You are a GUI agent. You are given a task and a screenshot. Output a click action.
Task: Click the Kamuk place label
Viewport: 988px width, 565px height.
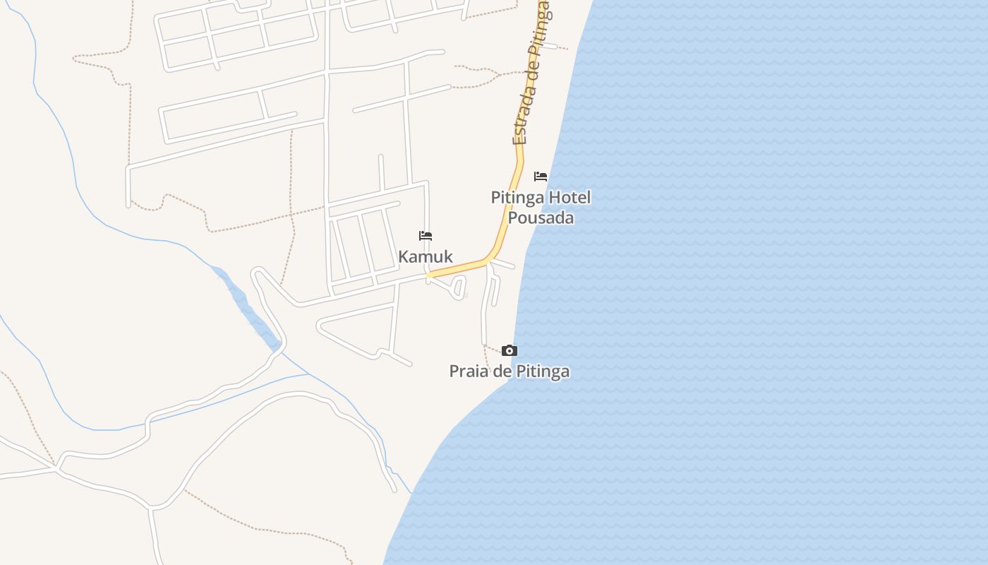point(426,256)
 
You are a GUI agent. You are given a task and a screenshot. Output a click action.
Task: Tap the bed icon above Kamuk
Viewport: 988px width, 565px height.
point(426,236)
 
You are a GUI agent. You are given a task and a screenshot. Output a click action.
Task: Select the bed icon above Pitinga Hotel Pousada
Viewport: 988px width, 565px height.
point(541,176)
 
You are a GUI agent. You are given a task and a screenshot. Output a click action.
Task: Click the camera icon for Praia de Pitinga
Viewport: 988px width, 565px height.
point(510,350)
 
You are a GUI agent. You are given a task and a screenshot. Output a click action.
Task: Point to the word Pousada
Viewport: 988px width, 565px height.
point(541,218)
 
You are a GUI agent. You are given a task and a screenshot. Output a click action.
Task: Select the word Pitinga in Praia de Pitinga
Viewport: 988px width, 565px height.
point(543,371)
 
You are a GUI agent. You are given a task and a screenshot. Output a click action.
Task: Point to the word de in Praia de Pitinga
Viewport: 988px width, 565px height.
point(501,371)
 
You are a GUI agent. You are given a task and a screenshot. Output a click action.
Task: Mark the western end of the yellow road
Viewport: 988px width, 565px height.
point(429,274)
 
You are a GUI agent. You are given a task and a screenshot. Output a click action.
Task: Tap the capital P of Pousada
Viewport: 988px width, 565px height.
point(513,218)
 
